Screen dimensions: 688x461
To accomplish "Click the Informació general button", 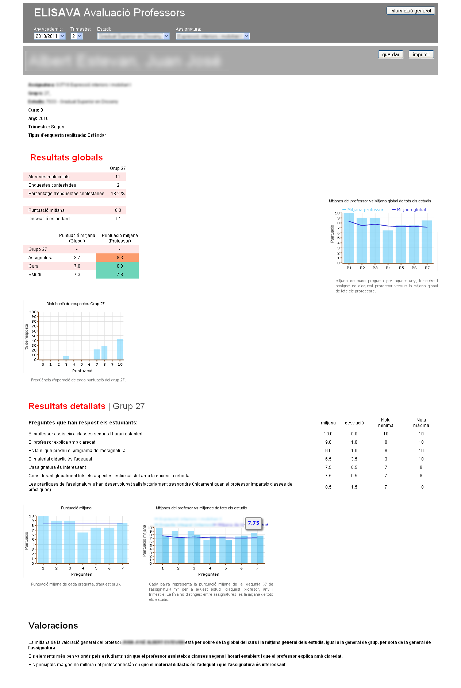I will pos(410,11).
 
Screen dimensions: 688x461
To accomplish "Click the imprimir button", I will pos(421,55).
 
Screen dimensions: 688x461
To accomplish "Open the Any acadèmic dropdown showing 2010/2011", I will pos(50,36).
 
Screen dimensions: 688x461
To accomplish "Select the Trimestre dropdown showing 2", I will pos(77,36).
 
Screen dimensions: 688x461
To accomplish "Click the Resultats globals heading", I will pos(66,158).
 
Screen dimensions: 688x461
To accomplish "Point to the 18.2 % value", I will pos(118,194).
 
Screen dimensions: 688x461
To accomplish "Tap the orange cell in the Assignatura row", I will pos(117,258).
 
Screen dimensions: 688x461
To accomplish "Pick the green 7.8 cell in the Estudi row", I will pos(117,275).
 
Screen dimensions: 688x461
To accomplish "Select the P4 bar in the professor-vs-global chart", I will pos(388,246).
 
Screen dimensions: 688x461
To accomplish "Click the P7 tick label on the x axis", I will pos(427,268).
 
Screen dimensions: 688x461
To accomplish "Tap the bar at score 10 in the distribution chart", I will pos(120,349).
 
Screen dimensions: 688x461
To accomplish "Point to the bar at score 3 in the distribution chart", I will pos(66,358).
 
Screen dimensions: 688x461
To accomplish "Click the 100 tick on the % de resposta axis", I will pos(33,312).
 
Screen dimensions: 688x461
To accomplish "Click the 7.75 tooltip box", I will pos(254,523).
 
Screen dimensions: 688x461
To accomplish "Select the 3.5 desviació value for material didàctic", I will pos(354,459).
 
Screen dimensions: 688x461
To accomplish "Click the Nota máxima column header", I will pos(421,423).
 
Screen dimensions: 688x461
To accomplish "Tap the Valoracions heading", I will pos(53,626).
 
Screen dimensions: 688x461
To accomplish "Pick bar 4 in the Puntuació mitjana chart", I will pos(83,548).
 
